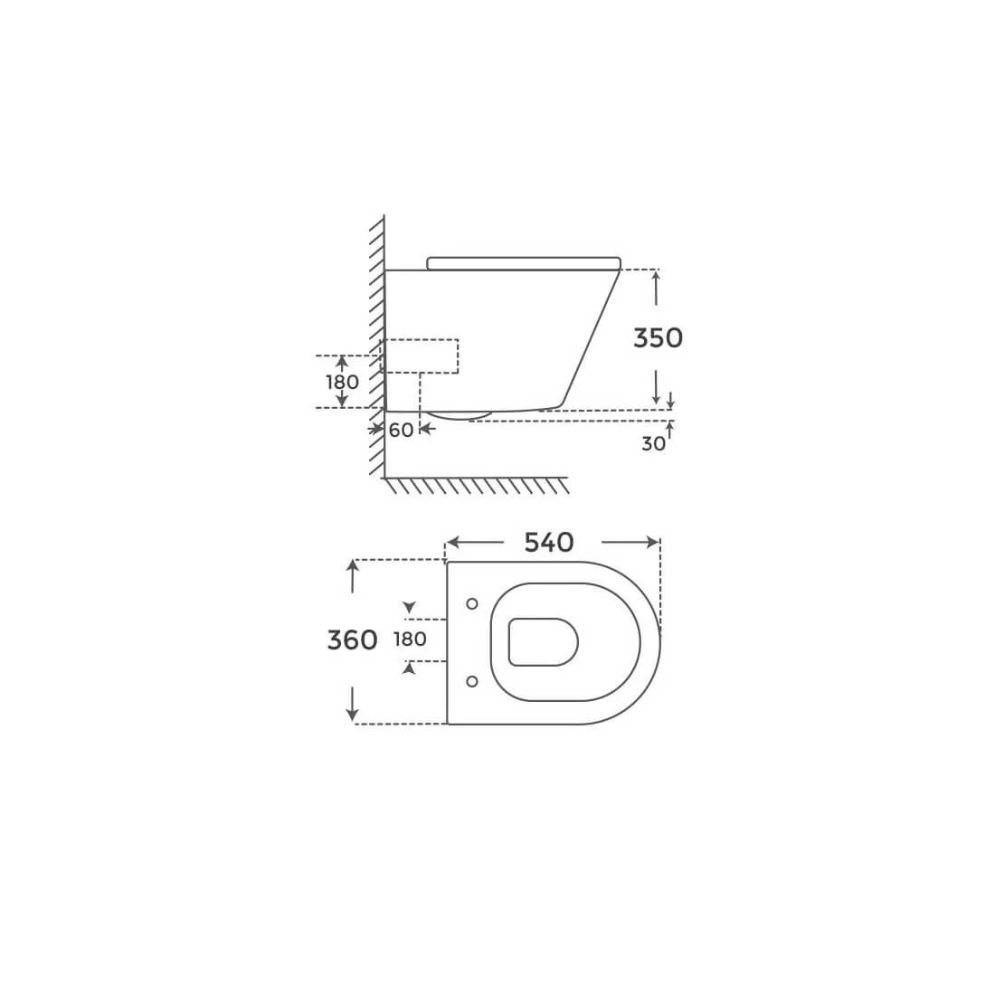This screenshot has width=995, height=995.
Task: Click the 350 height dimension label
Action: (x=658, y=337)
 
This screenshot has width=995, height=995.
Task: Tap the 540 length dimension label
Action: (x=549, y=543)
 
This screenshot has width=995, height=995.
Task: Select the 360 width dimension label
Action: (x=352, y=640)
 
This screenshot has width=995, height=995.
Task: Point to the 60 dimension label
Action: (x=401, y=431)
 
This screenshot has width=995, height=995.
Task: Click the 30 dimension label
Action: (x=654, y=443)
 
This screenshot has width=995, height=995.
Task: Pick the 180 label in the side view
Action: (x=342, y=382)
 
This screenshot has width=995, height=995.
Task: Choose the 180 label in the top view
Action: (x=410, y=639)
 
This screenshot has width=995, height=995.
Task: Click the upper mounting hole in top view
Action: (x=471, y=604)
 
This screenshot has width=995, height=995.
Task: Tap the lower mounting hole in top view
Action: (x=471, y=681)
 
